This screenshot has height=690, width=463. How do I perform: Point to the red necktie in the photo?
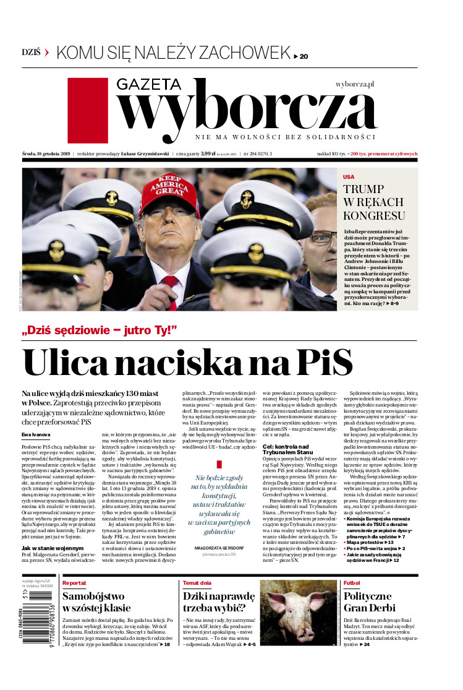[171, 291]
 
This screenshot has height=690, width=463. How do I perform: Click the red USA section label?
[349, 176]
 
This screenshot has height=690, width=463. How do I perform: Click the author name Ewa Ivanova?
[35, 417]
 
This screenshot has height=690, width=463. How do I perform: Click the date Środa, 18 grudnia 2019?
[45, 153]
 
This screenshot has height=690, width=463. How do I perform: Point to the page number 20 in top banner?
[304, 56]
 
